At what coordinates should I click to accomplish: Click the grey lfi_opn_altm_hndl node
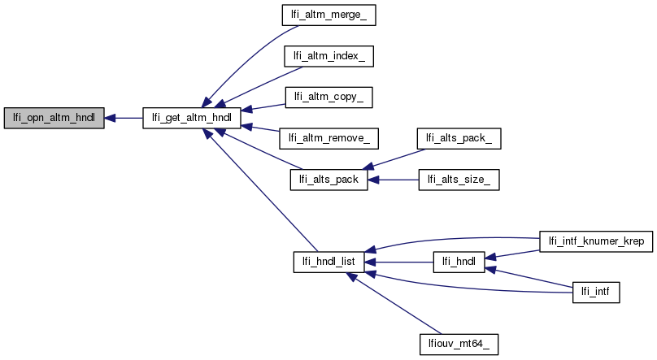(x=54, y=118)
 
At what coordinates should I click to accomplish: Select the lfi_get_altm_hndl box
(x=191, y=118)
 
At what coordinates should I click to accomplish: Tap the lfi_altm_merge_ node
(x=328, y=15)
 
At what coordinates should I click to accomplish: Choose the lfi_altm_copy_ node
(x=328, y=97)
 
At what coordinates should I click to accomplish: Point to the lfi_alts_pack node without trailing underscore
(x=329, y=180)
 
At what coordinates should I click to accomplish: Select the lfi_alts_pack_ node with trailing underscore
(x=458, y=139)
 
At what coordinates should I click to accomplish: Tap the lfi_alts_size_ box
(x=458, y=180)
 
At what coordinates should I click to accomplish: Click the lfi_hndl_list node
(x=329, y=262)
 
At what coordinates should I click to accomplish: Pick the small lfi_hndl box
(x=459, y=262)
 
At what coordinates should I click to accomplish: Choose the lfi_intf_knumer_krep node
(x=597, y=241)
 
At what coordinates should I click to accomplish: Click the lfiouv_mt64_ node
(x=458, y=344)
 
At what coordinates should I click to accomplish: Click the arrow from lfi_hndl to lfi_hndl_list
(x=398, y=262)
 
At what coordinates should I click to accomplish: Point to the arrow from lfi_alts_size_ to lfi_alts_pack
(x=394, y=180)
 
